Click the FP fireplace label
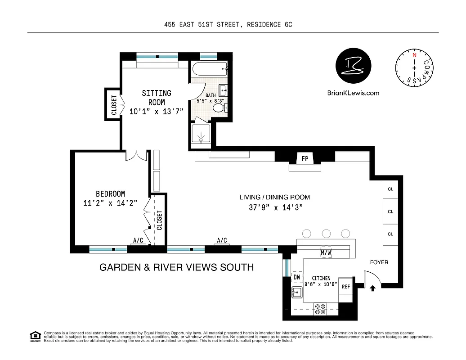tap(305, 158)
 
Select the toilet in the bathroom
tap(219, 108)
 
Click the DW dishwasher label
tap(297, 278)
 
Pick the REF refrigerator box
tap(345, 286)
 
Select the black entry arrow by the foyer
tap(372, 288)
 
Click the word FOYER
tap(379, 262)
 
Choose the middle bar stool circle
tap(326, 234)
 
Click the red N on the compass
tap(414, 54)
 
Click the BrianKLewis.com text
tap(354, 93)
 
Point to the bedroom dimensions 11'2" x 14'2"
tap(110, 202)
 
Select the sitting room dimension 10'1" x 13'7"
tap(157, 112)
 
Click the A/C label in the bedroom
tap(138, 241)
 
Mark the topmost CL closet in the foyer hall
tap(390, 189)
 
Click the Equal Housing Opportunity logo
tap(35, 336)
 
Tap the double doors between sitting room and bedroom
tap(136, 155)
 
